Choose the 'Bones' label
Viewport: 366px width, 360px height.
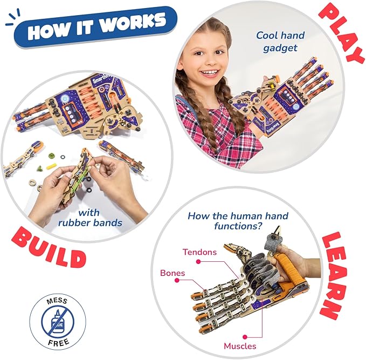tap(172, 273)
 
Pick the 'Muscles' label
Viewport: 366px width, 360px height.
tap(239, 345)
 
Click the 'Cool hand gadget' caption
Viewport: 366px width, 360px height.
tap(280, 42)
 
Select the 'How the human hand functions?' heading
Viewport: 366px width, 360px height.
tap(238, 221)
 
